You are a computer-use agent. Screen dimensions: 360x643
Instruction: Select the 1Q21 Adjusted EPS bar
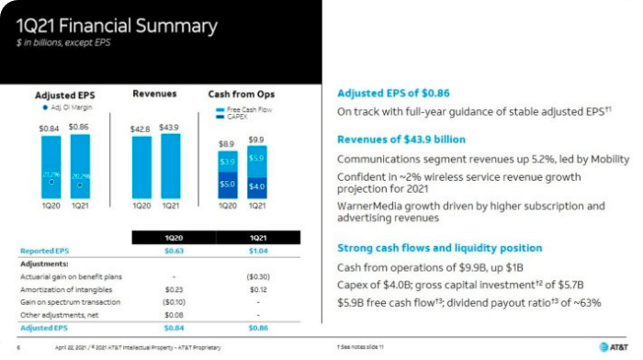point(79,174)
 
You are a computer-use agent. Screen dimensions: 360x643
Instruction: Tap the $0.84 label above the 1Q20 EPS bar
point(51,127)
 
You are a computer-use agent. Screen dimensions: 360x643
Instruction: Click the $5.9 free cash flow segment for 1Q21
point(255,158)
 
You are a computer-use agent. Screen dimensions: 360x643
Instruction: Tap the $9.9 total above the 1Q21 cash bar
point(255,140)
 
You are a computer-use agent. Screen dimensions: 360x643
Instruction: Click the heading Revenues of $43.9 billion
point(401,139)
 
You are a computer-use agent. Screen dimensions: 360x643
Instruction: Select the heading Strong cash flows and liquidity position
point(439,248)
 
